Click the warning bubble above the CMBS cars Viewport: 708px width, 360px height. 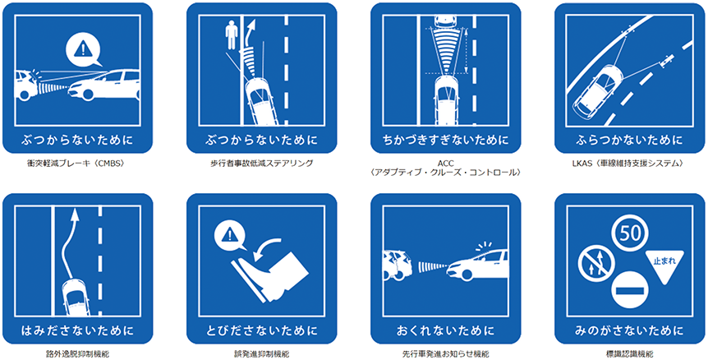[x=81, y=49]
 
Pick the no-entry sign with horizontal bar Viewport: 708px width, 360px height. [x=629, y=290]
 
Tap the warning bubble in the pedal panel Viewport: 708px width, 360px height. [x=230, y=236]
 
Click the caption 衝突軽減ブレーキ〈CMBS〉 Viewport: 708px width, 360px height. [x=75, y=164]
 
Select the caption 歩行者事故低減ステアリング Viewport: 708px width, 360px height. [x=261, y=164]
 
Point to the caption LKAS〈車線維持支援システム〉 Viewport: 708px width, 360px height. [x=629, y=164]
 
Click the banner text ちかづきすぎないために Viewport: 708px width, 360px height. [x=446, y=140]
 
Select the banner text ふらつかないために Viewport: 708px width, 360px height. [x=629, y=140]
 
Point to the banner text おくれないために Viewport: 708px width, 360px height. [x=446, y=331]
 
